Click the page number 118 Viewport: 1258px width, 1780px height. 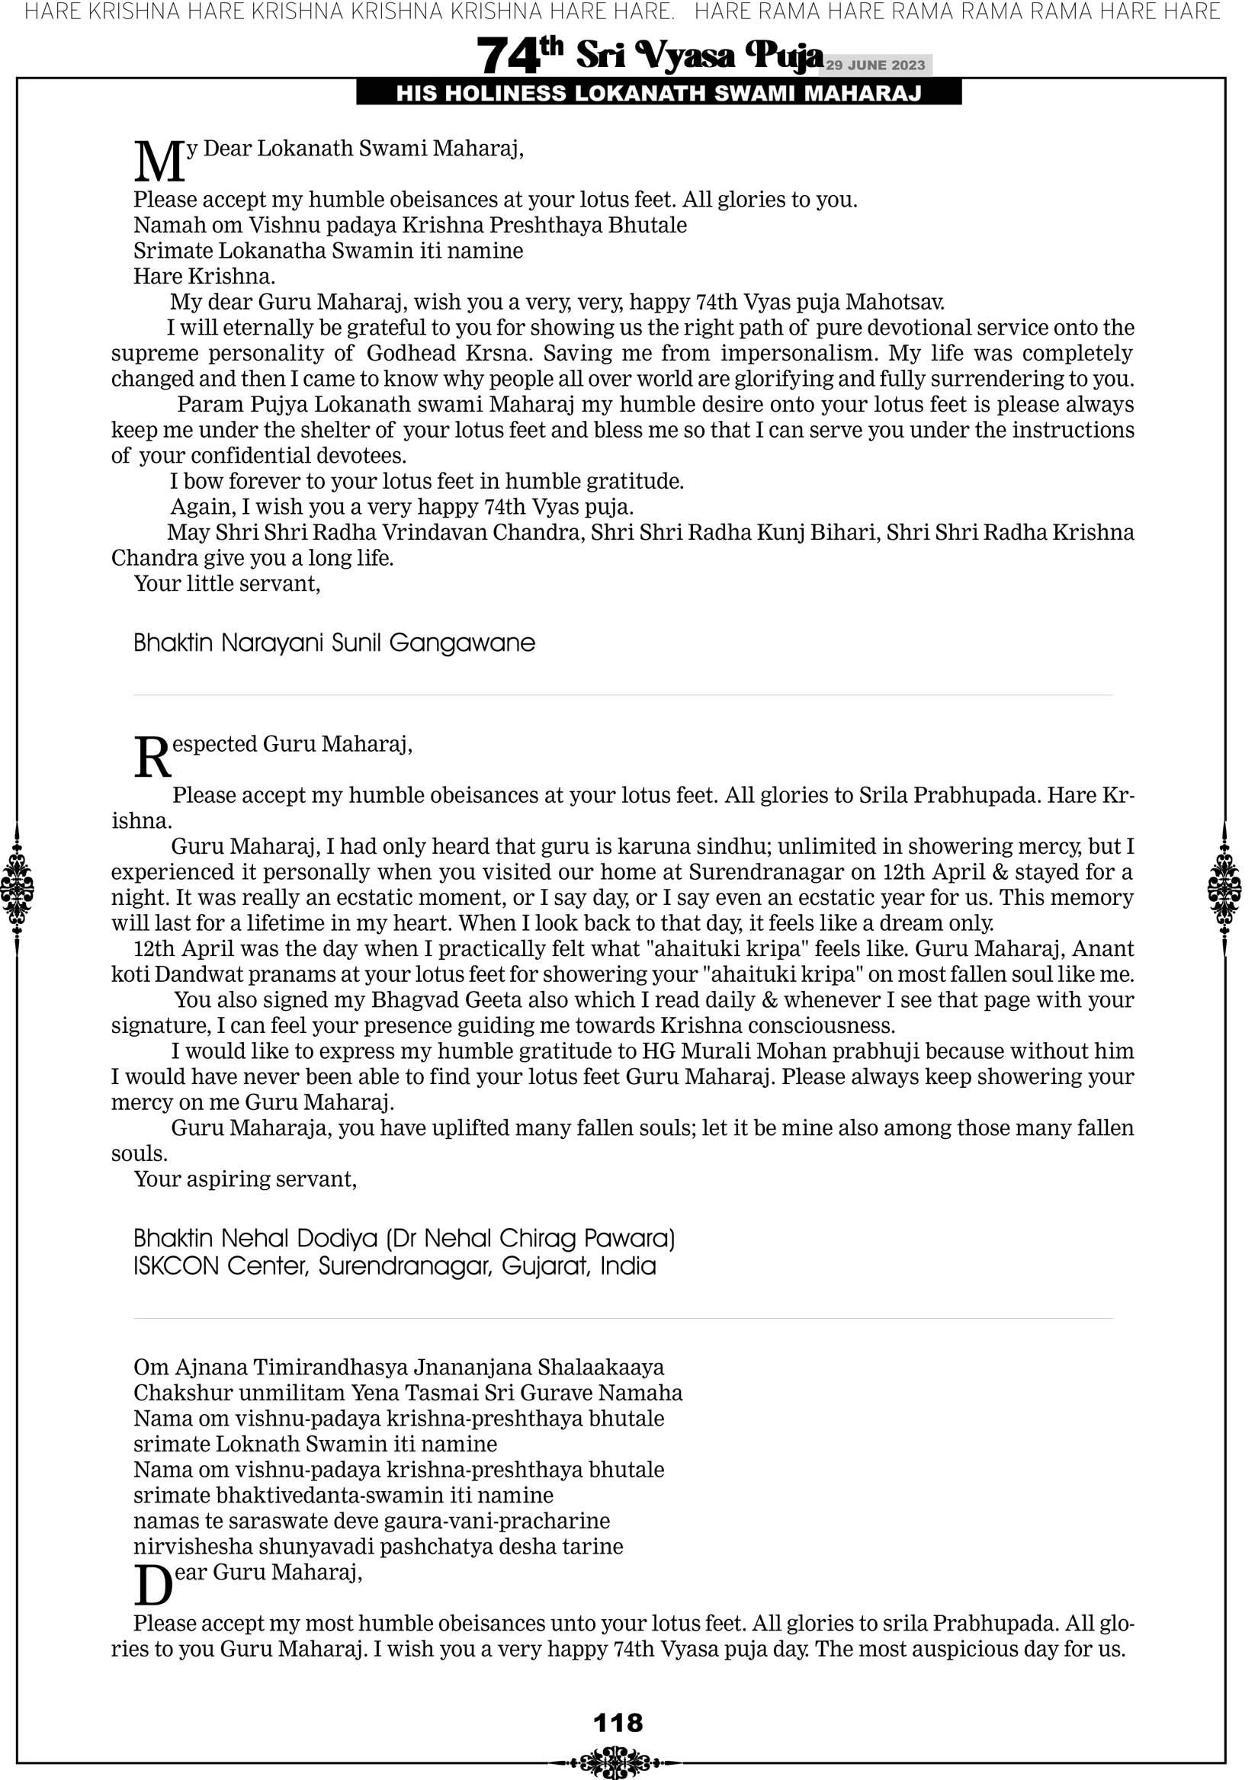618,1723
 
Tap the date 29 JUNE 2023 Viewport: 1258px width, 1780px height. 875,65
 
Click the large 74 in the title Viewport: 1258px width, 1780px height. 507,56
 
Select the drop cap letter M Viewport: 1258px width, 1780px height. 159,162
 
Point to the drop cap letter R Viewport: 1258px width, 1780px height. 152,758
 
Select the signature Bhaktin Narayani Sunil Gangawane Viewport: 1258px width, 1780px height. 334,643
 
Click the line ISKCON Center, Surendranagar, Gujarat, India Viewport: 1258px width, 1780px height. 395,1266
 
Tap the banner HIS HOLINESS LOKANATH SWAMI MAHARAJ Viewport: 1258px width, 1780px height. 659,93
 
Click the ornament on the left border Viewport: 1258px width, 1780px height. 17,888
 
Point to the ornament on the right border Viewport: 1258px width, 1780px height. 1224,888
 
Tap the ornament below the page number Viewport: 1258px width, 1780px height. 618,1762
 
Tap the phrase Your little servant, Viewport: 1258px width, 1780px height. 227,583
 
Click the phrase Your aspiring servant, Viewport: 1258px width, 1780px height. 245,1179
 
